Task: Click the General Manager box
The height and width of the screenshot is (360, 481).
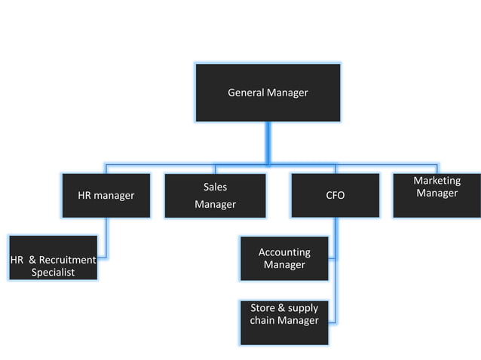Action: click(x=268, y=93)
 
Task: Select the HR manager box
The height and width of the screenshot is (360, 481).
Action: click(x=106, y=196)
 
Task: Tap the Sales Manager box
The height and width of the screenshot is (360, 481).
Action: click(x=215, y=196)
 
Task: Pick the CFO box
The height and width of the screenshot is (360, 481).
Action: click(x=335, y=196)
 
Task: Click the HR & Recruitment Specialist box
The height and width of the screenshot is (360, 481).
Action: click(x=53, y=258)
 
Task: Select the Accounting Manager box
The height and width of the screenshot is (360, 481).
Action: click(x=284, y=258)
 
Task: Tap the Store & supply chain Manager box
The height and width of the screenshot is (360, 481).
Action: click(x=284, y=322)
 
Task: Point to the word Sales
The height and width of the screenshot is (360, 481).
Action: click(x=215, y=187)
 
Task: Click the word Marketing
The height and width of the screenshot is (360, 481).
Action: click(x=437, y=181)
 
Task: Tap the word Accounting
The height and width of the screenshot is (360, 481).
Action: click(x=284, y=252)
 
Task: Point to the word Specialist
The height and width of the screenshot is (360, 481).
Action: click(x=53, y=273)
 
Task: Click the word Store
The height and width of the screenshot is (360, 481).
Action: click(x=263, y=308)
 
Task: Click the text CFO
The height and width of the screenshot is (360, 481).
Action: click(x=335, y=196)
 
